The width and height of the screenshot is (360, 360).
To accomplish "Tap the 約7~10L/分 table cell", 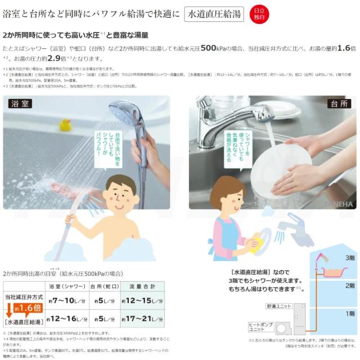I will click(x=67, y=301).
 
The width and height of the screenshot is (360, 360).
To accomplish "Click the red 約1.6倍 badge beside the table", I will click(x=25, y=308).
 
